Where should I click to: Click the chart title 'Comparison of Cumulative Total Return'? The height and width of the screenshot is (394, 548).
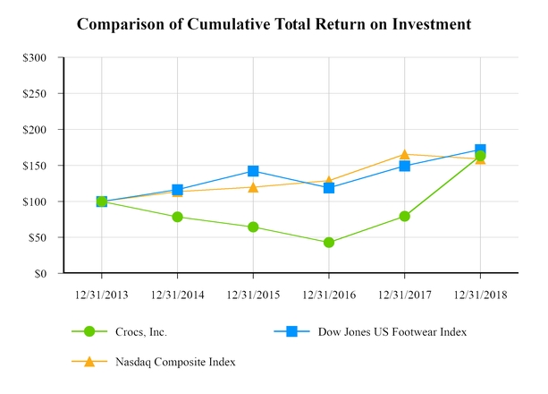[274, 24]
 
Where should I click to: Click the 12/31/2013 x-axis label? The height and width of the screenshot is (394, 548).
[101, 294]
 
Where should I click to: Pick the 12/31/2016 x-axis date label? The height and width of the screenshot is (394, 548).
[329, 294]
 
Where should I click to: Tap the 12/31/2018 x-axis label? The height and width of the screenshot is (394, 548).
[480, 294]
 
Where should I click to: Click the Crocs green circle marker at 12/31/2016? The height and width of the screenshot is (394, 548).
[329, 243]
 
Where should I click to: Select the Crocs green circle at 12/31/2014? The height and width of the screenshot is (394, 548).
[177, 217]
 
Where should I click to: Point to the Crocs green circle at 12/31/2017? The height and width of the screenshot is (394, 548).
[405, 216]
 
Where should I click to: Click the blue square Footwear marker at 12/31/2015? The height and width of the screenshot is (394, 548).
[253, 171]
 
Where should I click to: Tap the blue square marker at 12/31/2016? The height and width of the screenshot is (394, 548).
[329, 188]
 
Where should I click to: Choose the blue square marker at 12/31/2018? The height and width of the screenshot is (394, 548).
[480, 150]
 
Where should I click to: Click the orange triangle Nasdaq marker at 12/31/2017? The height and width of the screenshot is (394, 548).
[405, 154]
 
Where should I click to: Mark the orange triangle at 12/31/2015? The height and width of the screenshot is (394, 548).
[253, 186]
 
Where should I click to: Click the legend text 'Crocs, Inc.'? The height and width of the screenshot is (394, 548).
[142, 332]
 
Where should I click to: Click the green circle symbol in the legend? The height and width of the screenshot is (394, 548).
[89, 332]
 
